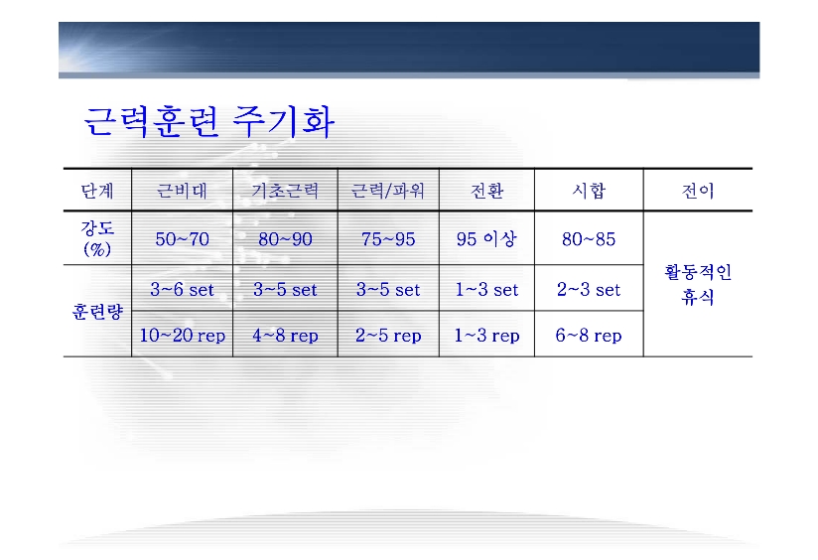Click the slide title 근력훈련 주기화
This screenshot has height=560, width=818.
208,122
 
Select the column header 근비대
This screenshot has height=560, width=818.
182,191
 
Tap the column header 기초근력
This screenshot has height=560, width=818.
285,191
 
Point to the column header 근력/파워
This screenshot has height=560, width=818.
388,191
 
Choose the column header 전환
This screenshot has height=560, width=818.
486,191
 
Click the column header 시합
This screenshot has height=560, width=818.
589,190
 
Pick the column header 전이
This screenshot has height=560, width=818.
698,191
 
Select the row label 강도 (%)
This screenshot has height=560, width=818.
97,238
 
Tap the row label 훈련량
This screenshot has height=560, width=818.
97,312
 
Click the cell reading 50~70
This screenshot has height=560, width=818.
182,239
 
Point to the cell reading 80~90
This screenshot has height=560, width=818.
285,239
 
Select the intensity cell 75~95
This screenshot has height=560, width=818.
388,239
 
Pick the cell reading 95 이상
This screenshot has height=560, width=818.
486,239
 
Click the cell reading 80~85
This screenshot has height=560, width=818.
589,239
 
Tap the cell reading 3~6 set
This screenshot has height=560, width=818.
182,289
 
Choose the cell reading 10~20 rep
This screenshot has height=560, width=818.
182,335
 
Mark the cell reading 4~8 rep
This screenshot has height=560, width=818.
285,335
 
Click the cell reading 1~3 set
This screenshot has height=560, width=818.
486,289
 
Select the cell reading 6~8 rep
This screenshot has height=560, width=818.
589,335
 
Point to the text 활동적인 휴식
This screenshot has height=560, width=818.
698,284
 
